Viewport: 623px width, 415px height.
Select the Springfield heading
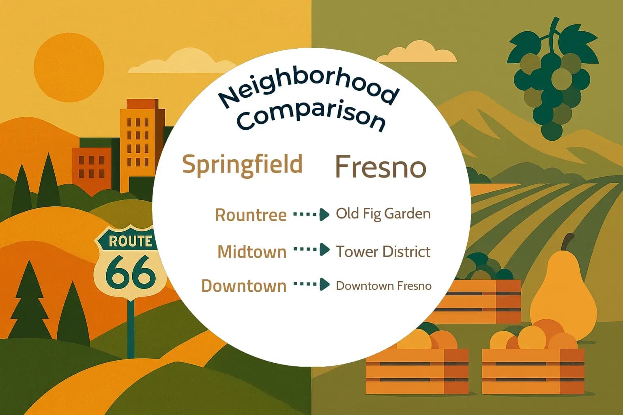pyautogui.click(x=243, y=165)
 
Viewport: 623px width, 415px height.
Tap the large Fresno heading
pyautogui.click(x=380, y=167)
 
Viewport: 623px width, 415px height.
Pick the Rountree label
pyautogui.click(x=251, y=215)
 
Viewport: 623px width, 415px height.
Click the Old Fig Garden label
pyautogui.click(x=383, y=214)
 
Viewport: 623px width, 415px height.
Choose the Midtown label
pyautogui.click(x=252, y=252)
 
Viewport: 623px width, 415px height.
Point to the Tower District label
pyautogui.click(x=383, y=252)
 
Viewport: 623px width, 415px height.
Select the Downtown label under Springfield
pyautogui.click(x=244, y=286)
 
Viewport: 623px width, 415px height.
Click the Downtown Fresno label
pyautogui.click(x=384, y=286)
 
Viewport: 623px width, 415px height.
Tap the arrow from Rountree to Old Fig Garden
pyautogui.click(x=311, y=214)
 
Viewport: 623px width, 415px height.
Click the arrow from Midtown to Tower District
pyautogui.click(x=311, y=250)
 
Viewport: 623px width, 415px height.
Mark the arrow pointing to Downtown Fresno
pyautogui.click(x=311, y=285)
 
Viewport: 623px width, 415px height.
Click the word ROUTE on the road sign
pyautogui.click(x=130, y=242)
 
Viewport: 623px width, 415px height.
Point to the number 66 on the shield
pyautogui.click(x=131, y=274)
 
